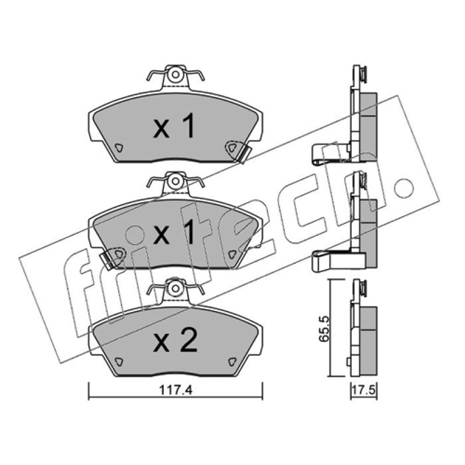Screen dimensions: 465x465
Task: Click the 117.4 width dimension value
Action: tap(176, 389)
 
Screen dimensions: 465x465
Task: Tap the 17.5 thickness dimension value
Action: tap(364, 390)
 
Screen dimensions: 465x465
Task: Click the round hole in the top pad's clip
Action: tap(176, 74)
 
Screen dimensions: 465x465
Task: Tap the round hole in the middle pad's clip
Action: tap(176, 181)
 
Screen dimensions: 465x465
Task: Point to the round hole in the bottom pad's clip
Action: tap(176, 288)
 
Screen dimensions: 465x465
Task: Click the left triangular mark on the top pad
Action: tap(119, 148)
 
